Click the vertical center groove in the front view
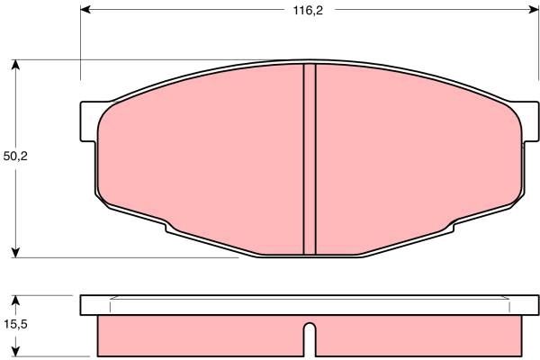pos(310,160)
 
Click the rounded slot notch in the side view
pos(310,337)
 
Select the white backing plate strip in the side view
pos(310,304)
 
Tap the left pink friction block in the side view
pos(198,335)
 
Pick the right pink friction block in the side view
pos(418,335)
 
